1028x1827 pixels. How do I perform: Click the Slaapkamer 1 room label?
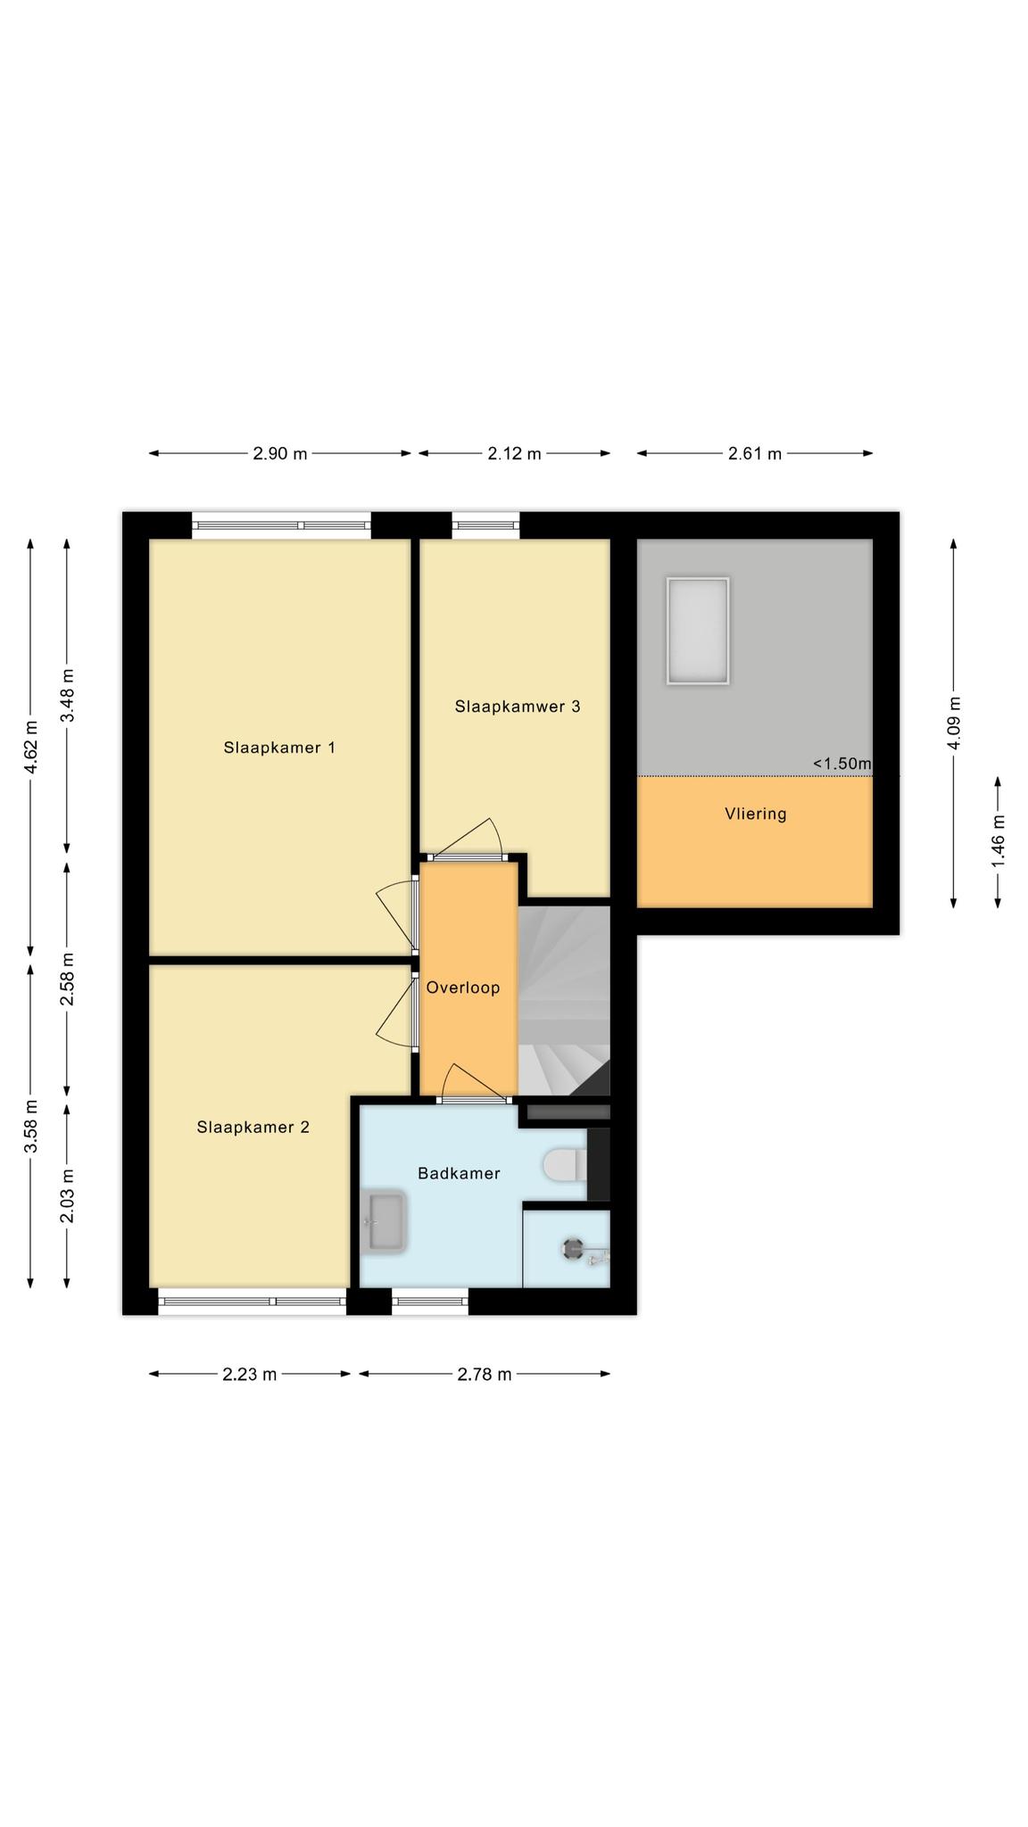click(279, 748)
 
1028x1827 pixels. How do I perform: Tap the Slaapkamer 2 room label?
click(253, 1128)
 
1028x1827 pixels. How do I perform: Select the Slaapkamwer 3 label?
click(518, 707)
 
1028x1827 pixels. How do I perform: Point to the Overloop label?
click(463, 988)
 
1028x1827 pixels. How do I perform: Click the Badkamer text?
click(459, 1173)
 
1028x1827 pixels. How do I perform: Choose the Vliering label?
click(756, 814)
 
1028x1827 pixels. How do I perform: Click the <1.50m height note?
click(841, 764)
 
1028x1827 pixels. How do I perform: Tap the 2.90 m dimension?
click(280, 453)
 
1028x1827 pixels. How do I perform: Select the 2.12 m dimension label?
click(514, 453)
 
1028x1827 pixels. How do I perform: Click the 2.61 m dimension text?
click(755, 453)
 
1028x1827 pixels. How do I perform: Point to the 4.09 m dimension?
click(954, 723)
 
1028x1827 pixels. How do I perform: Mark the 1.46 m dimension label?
click(999, 843)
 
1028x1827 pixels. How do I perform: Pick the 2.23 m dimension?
click(250, 1374)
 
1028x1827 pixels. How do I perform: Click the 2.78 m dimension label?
click(485, 1374)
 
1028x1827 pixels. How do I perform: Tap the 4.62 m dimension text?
click(30, 747)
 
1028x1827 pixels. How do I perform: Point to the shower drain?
click(573, 1249)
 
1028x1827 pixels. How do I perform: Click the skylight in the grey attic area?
click(697, 631)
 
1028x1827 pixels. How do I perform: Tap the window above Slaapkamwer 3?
click(485, 525)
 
